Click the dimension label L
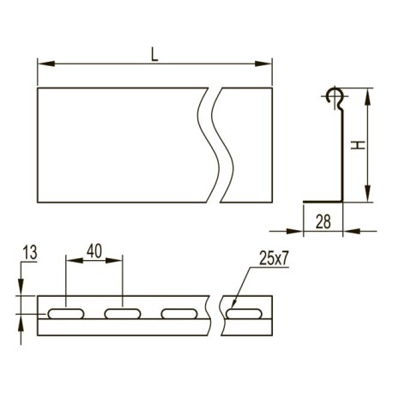point(154,55)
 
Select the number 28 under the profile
point(323,221)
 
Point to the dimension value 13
point(30,253)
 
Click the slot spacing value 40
point(94,251)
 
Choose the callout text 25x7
point(274,259)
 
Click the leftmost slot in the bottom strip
point(66,313)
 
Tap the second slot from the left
point(123,313)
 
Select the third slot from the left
point(179,313)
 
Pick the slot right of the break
point(244,313)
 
